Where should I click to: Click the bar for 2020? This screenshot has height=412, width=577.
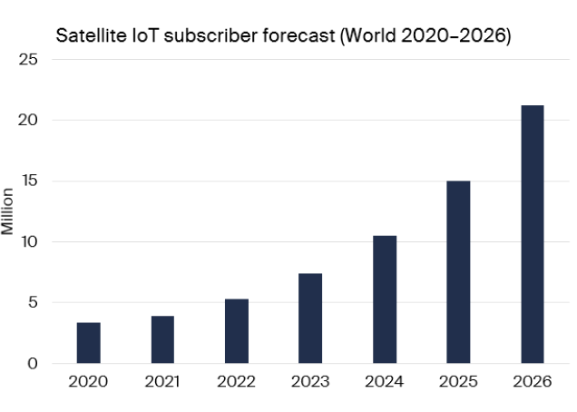(x=89, y=343)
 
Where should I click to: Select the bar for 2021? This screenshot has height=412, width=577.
(x=162, y=339)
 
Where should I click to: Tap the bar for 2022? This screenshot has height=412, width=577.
(x=236, y=331)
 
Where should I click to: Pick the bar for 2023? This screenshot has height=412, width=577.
(x=310, y=319)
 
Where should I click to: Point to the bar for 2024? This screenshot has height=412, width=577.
(x=385, y=299)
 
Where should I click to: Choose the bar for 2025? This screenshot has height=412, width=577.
(x=458, y=272)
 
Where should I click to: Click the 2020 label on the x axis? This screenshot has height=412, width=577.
(x=88, y=381)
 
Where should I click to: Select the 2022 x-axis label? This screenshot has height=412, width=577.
(x=236, y=381)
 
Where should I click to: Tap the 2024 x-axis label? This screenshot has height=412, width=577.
(x=385, y=381)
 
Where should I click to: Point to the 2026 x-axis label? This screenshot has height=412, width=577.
(x=533, y=381)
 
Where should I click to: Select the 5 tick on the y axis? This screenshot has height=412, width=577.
(x=34, y=303)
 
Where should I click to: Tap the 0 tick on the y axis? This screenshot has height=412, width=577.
(x=34, y=364)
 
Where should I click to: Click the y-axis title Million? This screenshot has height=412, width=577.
(x=8, y=211)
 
